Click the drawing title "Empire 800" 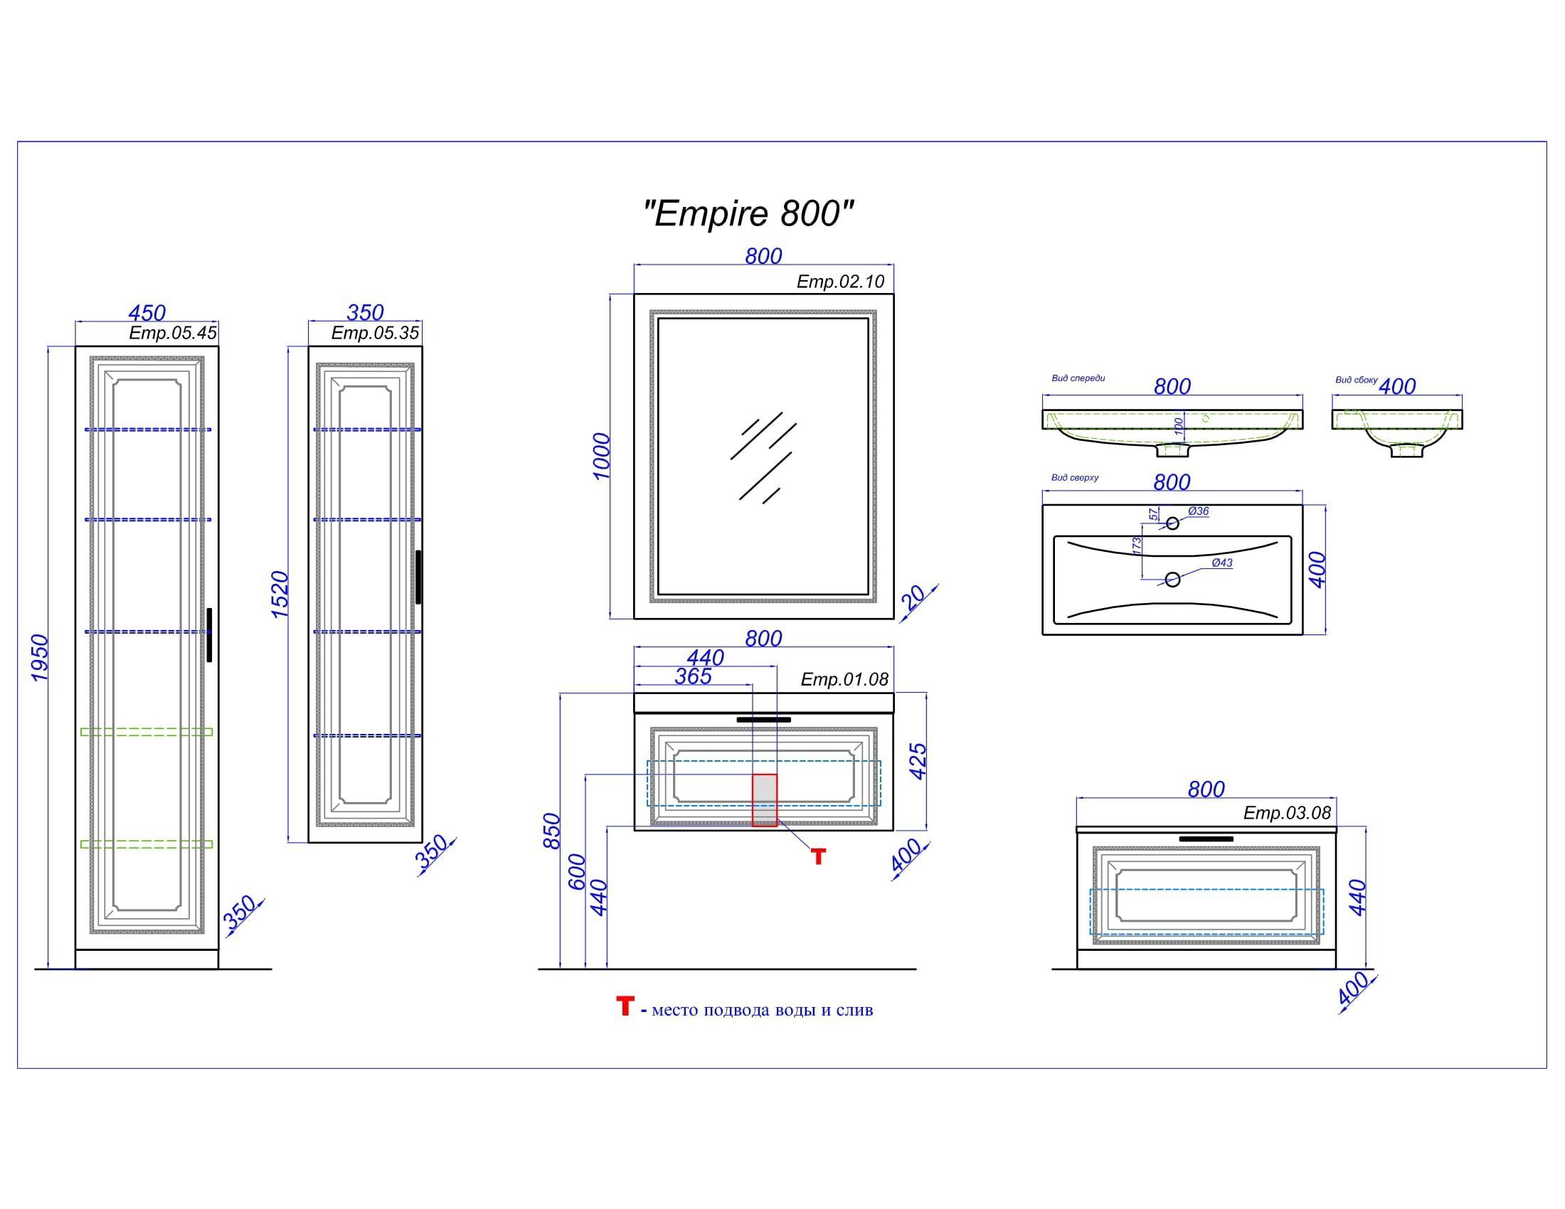pyautogui.click(x=749, y=213)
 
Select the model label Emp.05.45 pyautogui.click(x=173, y=333)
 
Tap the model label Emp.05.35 pyautogui.click(x=375, y=333)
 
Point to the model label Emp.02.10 pyautogui.click(x=841, y=282)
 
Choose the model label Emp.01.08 pyautogui.click(x=844, y=679)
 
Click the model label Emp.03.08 pyautogui.click(x=1287, y=813)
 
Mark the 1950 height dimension pyautogui.click(x=40, y=658)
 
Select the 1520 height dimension pyautogui.click(x=280, y=595)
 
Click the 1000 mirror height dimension pyautogui.click(x=601, y=457)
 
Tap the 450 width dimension pyautogui.click(x=147, y=313)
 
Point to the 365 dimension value pyautogui.click(x=693, y=676)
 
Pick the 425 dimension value pyautogui.click(x=918, y=762)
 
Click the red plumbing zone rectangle pyautogui.click(x=764, y=800)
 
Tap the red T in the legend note pyautogui.click(x=625, y=1006)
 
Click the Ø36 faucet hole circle pyautogui.click(x=1172, y=523)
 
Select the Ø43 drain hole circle pyautogui.click(x=1172, y=580)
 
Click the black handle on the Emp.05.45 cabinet pyautogui.click(x=209, y=635)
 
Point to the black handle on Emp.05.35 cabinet pyautogui.click(x=418, y=577)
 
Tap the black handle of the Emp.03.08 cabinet pyautogui.click(x=1206, y=838)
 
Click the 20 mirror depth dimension pyautogui.click(x=913, y=597)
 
